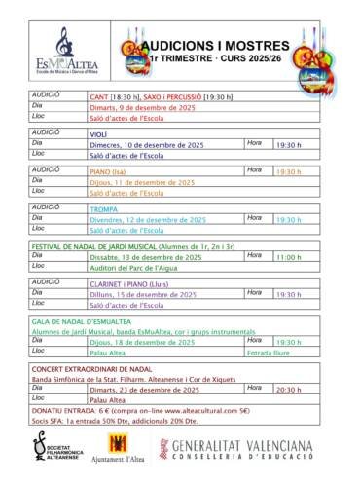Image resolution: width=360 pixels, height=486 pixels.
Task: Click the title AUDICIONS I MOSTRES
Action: pos(215,45)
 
